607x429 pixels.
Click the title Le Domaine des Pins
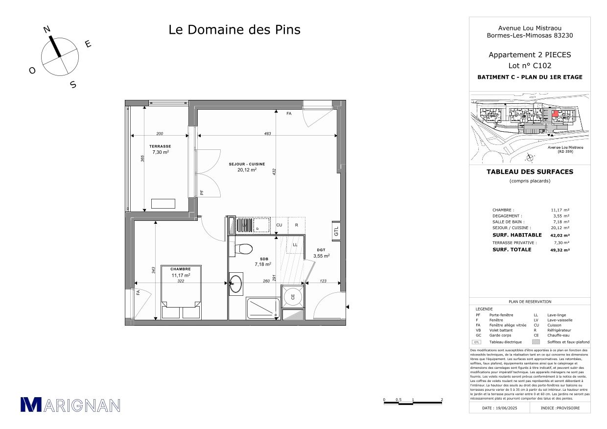tap(234, 30)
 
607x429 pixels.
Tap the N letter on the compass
tap(47, 29)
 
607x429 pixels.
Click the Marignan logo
tap(70, 405)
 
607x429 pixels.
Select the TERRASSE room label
tap(160, 146)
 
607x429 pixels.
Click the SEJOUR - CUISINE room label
tap(247, 164)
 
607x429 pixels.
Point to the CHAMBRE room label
tap(180, 269)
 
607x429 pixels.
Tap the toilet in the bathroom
tap(242, 249)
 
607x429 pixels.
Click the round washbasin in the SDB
tap(236, 283)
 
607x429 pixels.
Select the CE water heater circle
tap(293, 296)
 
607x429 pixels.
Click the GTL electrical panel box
tap(336, 232)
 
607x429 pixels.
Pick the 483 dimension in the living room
tap(267, 134)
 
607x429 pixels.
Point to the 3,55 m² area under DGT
tap(321, 256)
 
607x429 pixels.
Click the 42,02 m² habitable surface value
tap(560, 235)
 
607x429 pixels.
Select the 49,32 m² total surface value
tap(560, 250)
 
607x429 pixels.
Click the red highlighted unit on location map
tap(555, 114)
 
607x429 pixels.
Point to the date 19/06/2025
tap(500, 408)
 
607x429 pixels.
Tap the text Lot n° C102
tap(530, 66)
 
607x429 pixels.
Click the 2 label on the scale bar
tap(442, 400)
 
